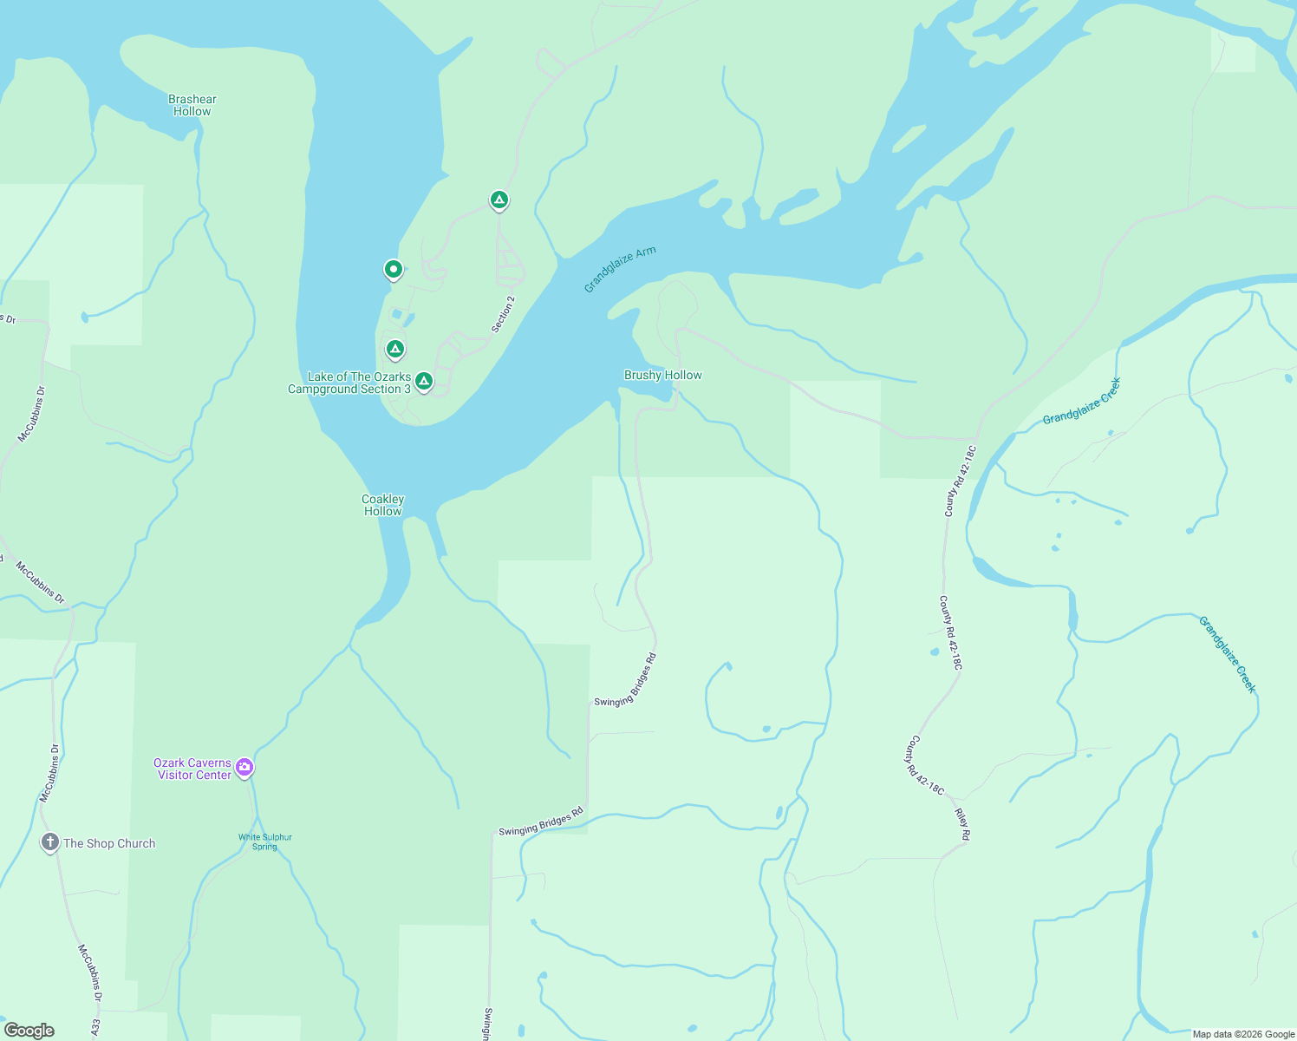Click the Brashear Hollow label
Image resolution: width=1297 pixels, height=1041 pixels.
coord(192,105)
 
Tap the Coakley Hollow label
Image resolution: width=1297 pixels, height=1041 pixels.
coord(382,505)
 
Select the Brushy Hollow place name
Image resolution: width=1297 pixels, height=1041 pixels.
coord(662,375)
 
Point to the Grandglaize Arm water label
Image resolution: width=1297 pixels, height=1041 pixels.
coord(619,269)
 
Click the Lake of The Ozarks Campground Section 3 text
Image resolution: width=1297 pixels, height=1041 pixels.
coord(349,383)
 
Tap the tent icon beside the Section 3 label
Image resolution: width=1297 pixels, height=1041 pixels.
coord(424,381)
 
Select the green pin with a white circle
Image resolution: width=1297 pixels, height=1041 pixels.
coord(394,270)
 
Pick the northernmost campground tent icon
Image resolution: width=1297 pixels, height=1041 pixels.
coord(499,200)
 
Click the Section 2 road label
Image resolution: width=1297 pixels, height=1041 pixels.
coord(503,314)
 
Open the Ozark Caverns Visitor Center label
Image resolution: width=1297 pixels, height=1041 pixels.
coord(193,769)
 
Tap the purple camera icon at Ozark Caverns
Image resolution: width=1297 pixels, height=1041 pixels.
coord(244,767)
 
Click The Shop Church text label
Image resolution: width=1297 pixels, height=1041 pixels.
coord(109,843)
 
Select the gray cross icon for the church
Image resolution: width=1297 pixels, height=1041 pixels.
coord(50,842)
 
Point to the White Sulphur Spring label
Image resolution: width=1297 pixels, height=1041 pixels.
coord(265,841)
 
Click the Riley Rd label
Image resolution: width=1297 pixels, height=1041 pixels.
coord(962,824)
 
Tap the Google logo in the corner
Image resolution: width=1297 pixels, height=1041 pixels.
coord(29,1030)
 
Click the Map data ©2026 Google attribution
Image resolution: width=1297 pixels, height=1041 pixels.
coord(1242,1034)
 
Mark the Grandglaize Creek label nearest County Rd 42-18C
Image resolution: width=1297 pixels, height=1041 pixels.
coord(1081,401)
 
